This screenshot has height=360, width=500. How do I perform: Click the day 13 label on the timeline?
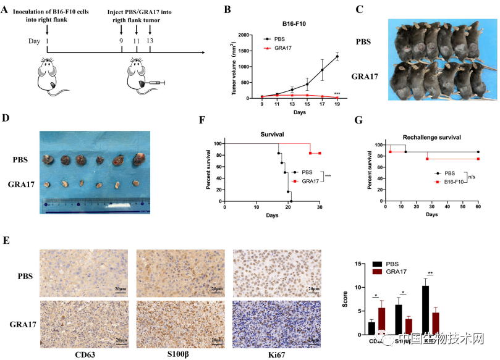coord(150,41)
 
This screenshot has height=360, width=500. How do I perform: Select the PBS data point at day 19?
coord(337,56)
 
